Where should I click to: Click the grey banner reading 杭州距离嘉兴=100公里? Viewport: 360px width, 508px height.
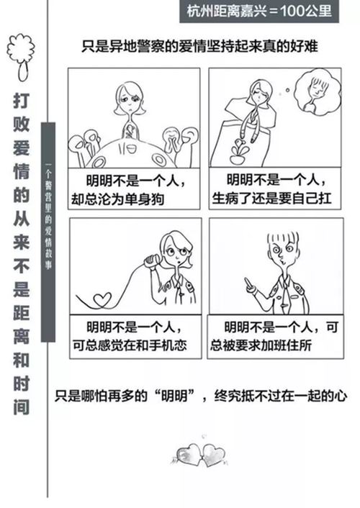tap(259, 12)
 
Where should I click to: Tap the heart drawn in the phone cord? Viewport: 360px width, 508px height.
tap(103, 299)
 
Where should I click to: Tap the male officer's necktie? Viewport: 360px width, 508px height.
tap(284, 297)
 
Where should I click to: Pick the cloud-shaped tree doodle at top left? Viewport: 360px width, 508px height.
tap(21, 58)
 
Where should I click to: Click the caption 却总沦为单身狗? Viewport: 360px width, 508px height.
tap(118, 199)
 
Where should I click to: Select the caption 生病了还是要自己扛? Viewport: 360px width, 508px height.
tap(272, 199)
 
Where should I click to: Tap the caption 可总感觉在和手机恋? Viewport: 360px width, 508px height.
tap(130, 345)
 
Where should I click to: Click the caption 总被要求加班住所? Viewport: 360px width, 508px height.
tap(261, 345)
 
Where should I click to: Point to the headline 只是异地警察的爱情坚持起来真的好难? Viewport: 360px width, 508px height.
tap(199, 46)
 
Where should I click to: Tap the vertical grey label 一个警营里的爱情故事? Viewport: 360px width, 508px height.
tap(48, 232)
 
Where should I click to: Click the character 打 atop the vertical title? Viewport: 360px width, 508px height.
tap(21, 101)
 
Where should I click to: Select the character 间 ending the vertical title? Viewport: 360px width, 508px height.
tap(21, 407)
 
